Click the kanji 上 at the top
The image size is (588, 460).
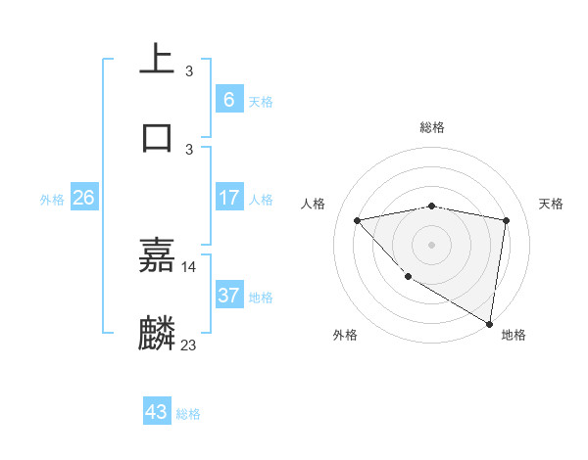point(157,60)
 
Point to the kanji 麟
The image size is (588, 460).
point(157,333)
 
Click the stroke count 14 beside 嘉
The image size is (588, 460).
point(189,266)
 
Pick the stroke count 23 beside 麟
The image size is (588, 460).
point(189,345)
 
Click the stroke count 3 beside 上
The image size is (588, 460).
point(189,71)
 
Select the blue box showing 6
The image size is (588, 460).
point(228,99)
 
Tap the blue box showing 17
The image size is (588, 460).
point(228,198)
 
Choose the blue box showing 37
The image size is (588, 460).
point(228,296)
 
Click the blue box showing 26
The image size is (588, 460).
point(83,198)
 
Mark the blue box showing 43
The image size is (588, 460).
point(157,412)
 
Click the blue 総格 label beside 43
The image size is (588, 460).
point(188,414)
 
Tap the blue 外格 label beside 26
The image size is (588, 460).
point(52,200)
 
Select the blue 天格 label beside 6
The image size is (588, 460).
point(261,101)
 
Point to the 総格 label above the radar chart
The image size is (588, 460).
point(432,127)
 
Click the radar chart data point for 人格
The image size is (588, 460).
point(357,220)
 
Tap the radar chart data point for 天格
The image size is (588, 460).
point(506,220)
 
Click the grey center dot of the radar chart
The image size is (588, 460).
point(431,244)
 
